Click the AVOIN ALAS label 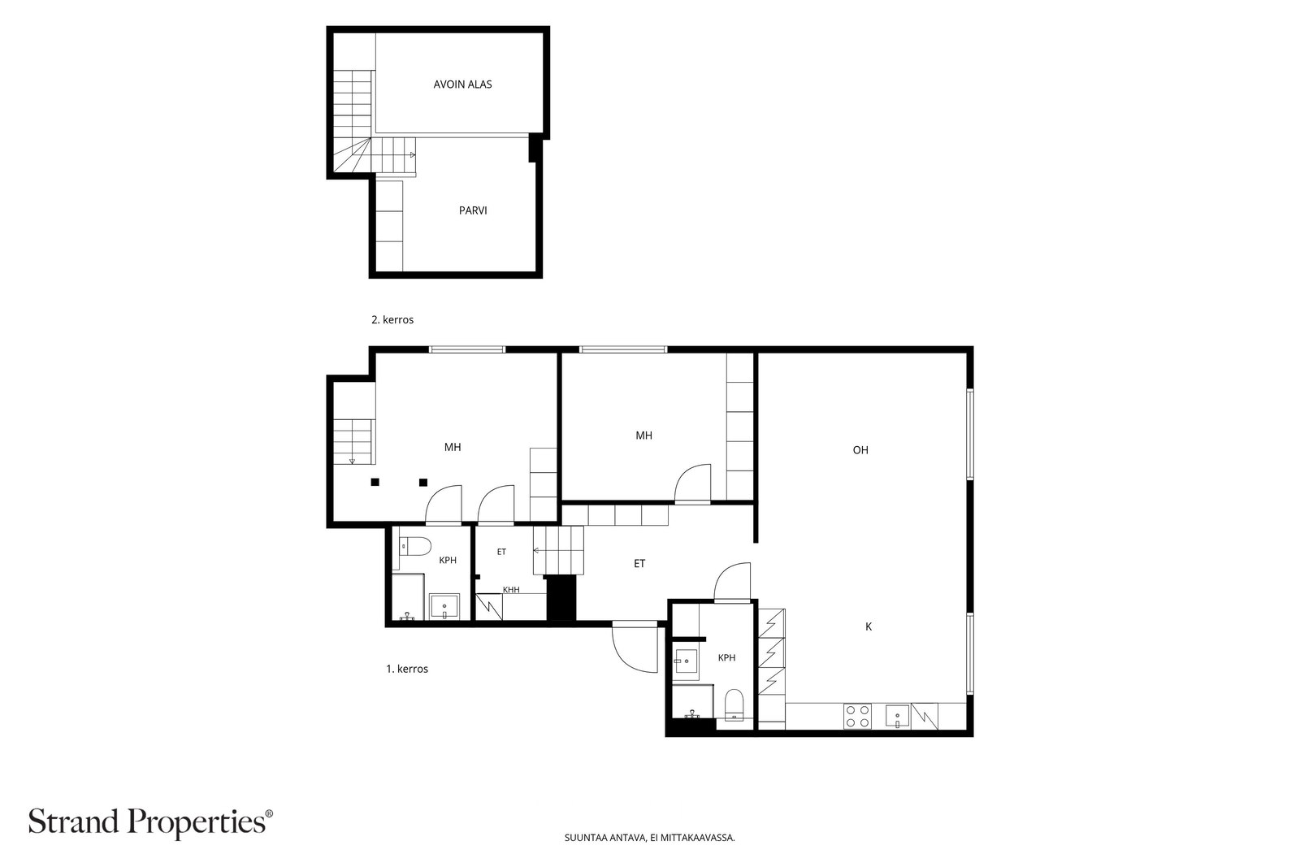(462, 85)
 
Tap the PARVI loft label (473, 210)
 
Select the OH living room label (860, 449)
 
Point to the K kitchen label (869, 626)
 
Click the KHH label (511, 590)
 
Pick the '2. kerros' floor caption (392, 320)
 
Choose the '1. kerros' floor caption (407, 669)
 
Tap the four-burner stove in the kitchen (857, 716)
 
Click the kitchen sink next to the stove (897, 716)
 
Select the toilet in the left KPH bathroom (415, 546)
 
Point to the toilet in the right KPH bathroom (734, 704)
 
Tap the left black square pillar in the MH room (375, 482)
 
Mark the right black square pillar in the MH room (423, 482)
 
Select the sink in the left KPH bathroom (444, 606)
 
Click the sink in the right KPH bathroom (686, 661)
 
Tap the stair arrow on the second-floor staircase (413, 155)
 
